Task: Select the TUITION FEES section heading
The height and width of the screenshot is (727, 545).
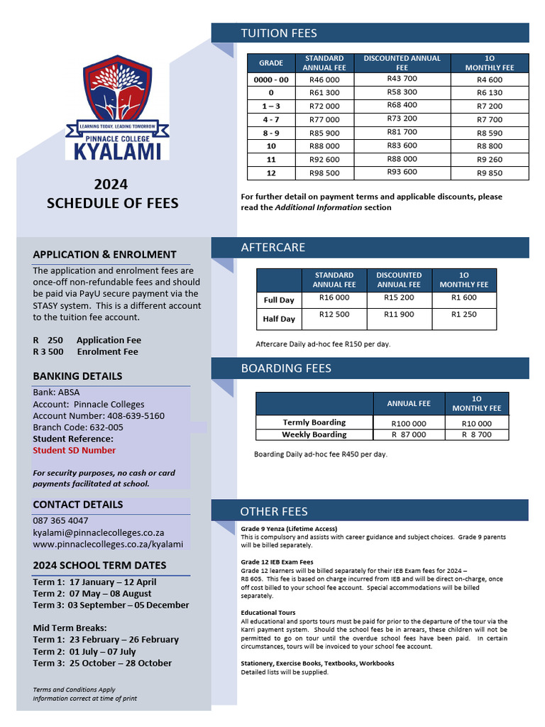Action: (x=279, y=33)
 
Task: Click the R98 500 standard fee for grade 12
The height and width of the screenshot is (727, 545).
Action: (x=324, y=173)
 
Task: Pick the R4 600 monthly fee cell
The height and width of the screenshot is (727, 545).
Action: (x=490, y=80)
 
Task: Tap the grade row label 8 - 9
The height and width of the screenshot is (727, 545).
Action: (x=271, y=133)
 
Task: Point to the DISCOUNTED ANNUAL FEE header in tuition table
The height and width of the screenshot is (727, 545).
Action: (x=402, y=62)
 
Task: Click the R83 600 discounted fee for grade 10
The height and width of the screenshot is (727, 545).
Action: (x=402, y=146)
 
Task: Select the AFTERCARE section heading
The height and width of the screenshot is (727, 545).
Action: (x=272, y=248)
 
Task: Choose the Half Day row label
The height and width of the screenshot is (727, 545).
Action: (x=279, y=319)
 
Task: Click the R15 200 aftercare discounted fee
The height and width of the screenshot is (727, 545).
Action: (x=399, y=298)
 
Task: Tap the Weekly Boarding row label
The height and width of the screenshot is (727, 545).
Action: (x=314, y=434)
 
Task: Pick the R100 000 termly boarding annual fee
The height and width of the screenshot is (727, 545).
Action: (x=409, y=424)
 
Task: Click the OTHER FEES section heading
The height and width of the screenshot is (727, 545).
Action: (x=273, y=511)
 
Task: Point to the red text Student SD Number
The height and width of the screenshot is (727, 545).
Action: (x=74, y=450)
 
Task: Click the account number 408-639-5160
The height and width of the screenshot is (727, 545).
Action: (x=136, y=416)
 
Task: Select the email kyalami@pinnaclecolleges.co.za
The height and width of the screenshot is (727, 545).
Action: (x=99, y=532)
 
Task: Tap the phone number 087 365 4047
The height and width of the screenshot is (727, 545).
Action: (x=60, y=520)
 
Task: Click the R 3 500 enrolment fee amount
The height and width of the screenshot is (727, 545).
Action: (x=48, y=351)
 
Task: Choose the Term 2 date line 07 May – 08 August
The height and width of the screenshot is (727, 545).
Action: (x=92, y=594)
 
